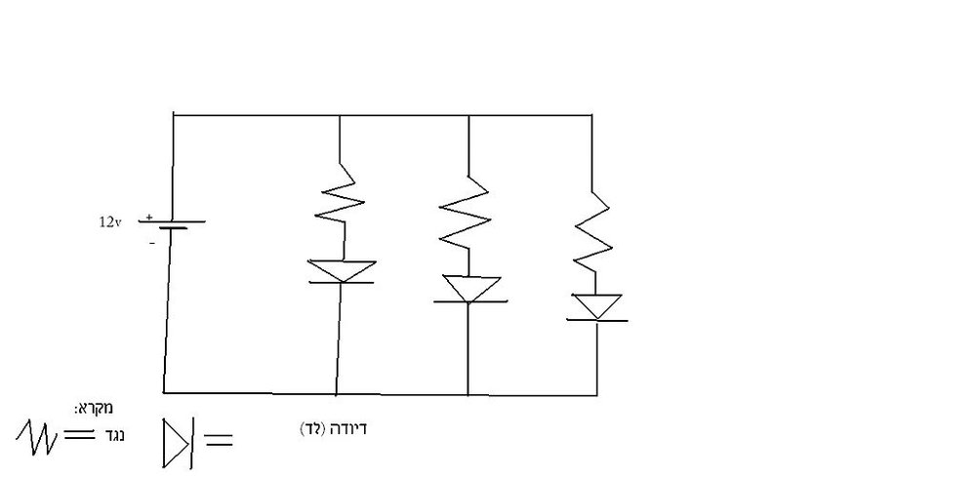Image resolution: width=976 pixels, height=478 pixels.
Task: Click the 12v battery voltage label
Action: pos(109,222)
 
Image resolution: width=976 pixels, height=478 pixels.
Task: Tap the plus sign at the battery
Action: pos(148,218)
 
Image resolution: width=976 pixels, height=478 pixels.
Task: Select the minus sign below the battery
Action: pos(152,243)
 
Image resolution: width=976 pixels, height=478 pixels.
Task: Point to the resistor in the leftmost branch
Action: pos(340,202)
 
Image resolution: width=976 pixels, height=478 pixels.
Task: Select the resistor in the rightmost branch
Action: pos(592,229)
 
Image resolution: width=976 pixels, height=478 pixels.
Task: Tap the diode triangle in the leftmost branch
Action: pos(343,271)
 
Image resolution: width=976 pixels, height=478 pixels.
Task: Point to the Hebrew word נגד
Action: pos(114,436)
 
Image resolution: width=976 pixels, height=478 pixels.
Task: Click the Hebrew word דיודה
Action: pos(347,429)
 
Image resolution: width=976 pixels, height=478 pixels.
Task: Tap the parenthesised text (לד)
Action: pos(313,429)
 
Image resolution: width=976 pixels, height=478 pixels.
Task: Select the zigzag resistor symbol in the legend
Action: pos(37,437)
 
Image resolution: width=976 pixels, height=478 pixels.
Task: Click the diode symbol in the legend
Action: pos(179,443)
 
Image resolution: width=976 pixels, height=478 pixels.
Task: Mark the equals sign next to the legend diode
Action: pos(218,441)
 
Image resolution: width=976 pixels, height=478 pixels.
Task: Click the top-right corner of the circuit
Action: pos(591,115)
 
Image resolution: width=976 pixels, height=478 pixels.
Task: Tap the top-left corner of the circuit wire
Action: pos(173,115)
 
